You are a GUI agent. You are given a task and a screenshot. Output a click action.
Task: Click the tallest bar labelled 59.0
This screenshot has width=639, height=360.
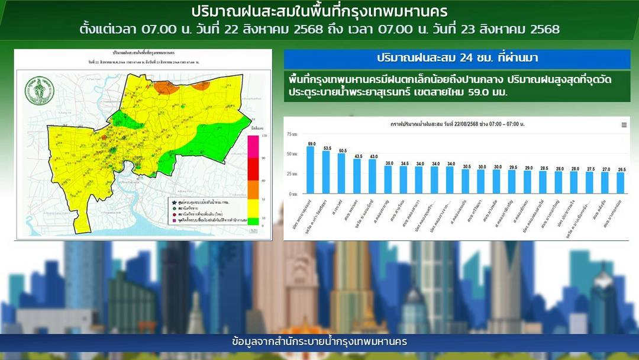(x=311, y=170)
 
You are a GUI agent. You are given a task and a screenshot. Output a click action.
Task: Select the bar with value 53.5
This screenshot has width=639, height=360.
(x=326, y=172)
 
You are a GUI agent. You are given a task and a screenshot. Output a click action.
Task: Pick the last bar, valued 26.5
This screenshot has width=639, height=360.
(x=620, y=183)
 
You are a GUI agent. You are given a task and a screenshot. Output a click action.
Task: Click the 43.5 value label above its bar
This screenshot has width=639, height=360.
(x=357, y=156)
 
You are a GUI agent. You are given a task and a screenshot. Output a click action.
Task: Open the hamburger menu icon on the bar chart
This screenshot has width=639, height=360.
(x=624, y=125)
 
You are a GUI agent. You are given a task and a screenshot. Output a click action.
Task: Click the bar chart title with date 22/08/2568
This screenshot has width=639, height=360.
(x=458, y=125)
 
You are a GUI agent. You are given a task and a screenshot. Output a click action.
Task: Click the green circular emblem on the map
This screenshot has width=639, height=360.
(x=36, y=92)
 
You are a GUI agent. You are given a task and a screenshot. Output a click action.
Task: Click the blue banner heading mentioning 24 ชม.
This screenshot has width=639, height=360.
(x=457, y=59)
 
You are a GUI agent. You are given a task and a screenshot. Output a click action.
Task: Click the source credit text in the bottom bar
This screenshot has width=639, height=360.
(x=319, y=342)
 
